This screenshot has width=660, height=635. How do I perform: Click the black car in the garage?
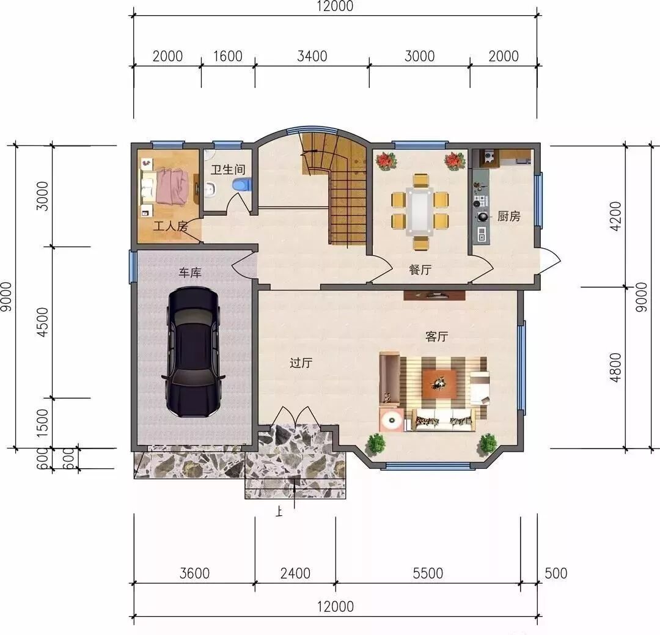(194, 352)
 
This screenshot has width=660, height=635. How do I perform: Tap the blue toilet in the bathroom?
(242, 185)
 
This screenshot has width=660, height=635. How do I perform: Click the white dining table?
(420, 211)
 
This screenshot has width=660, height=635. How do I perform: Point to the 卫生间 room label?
(228, 170)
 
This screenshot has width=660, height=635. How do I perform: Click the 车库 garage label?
(190, 273)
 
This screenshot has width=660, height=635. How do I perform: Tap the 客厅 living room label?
(436, 337)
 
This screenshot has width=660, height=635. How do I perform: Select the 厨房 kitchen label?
(508, 216)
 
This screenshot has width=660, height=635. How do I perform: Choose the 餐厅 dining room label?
(420, 270)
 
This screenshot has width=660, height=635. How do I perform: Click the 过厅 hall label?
(301, 362)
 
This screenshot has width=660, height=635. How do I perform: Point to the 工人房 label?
(170, 226)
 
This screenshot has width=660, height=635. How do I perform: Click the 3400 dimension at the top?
(312, 56)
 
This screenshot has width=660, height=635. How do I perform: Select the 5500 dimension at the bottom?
(428, 573)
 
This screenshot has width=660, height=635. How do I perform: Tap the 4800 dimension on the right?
(615, 367)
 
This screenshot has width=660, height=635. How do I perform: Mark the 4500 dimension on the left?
(43, 322)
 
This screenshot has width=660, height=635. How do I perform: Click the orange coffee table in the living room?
(439, 384)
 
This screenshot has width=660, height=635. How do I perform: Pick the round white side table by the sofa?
(392, 419)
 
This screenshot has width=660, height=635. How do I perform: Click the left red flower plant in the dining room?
(385, 161)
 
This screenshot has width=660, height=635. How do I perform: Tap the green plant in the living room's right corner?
(488, 444)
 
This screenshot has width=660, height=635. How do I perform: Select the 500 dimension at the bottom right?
(555, 573)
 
